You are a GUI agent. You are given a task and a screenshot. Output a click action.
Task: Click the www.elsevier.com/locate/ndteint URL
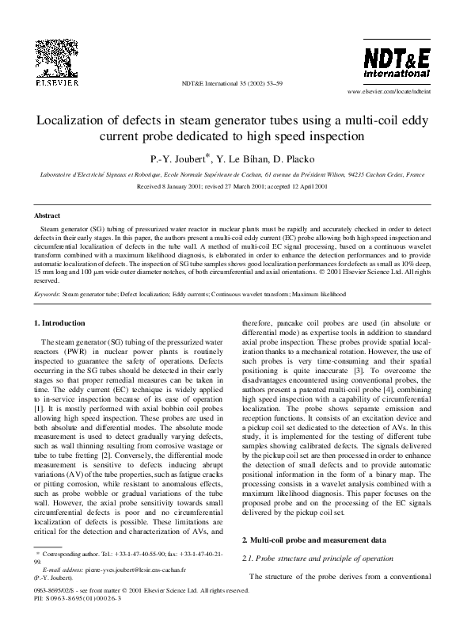[x=392, y=92]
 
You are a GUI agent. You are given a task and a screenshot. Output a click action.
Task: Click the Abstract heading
[x=47, y=215]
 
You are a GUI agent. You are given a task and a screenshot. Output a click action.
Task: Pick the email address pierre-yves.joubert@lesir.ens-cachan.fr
[x=126, y=592]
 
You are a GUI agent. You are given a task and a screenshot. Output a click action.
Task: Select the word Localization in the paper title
[x=74, y=120]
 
